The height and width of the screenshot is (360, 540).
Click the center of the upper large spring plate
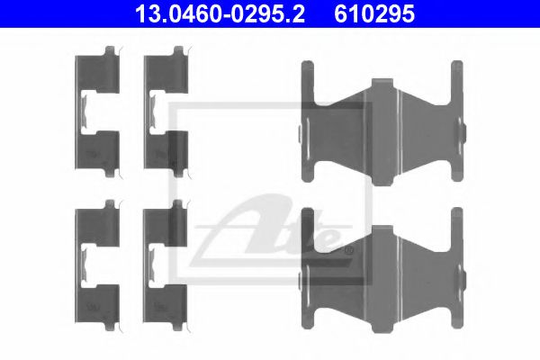(382, 127)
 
